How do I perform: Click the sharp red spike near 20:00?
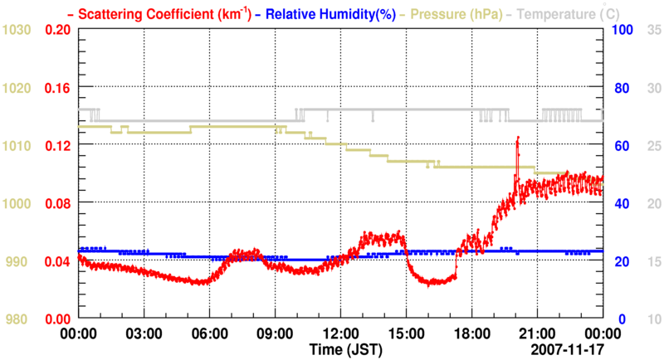pos(517,139)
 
